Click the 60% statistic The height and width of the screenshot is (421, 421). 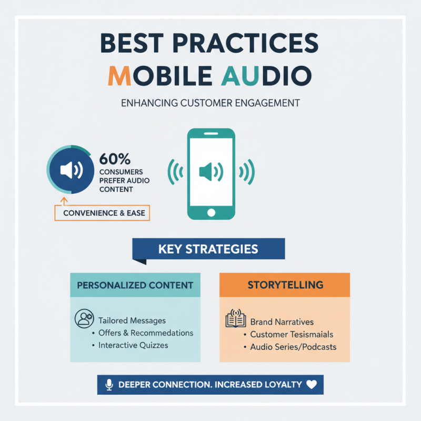point(115,158)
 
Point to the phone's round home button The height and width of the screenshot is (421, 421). point(210,213)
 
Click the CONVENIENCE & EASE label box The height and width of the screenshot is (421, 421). point(102,213)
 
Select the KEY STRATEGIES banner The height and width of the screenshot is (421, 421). point(208,248)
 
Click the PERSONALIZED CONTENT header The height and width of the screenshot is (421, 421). point(135,285)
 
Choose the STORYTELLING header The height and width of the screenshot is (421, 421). point(285,285)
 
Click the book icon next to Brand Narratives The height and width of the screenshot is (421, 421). point(235,320)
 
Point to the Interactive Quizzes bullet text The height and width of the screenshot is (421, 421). point(133,345)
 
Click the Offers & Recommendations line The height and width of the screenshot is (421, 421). point(146,333)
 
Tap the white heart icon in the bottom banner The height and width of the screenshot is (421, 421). point(312,385)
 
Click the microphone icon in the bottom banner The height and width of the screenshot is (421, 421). point(109,385)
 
